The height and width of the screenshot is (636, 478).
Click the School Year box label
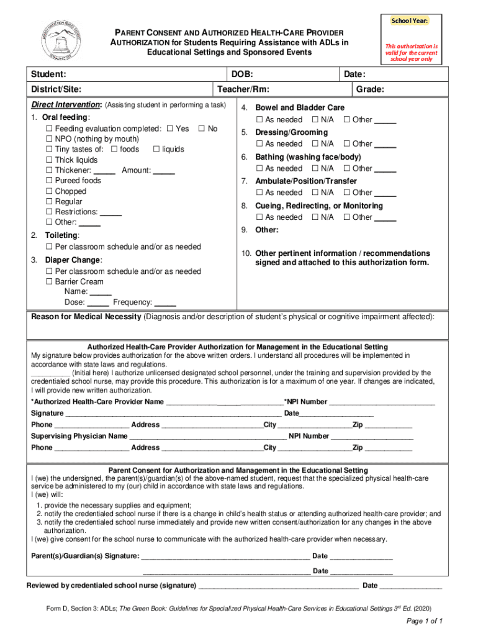coord(409,21)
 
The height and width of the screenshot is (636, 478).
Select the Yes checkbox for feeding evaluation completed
coord(170,129)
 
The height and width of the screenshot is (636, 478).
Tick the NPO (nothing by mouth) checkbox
coord(49,139)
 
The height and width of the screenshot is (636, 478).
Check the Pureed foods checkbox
coord(49,181)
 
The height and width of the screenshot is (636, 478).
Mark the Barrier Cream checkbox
coord(49,282)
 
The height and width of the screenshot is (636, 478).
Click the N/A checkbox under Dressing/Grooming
coord(315,144)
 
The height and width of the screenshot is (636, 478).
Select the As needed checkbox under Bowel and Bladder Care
coord(259,119)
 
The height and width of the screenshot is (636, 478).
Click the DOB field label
coord(241,75)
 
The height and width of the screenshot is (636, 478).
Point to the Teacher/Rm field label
coord(243,89)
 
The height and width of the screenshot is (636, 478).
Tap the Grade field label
coord(370,89)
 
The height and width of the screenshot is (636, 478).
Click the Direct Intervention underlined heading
coord(66,105)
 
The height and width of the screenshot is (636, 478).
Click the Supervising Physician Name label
coord(79,437)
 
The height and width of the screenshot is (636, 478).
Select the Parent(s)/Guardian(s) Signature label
coord(84,556)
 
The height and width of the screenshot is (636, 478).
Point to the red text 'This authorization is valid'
coord(411,46)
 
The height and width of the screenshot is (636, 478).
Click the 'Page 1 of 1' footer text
coord(424,621)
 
